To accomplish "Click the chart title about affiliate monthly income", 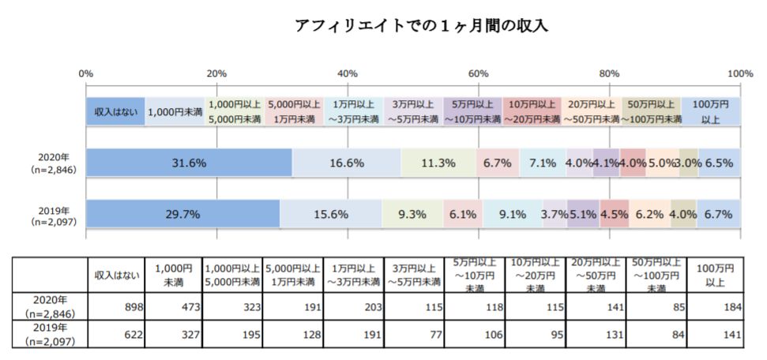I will click(421, 25).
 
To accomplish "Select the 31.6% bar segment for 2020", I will click(189, 163).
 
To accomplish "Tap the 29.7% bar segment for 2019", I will click(182, 214).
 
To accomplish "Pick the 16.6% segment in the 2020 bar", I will click(346, 163).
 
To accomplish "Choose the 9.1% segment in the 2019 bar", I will click(513, 214).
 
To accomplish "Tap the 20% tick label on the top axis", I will click(216, 73).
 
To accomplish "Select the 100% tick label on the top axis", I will click(740, 73).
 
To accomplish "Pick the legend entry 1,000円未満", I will click(175, 112).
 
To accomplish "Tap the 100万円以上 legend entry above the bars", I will click(710, 111).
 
